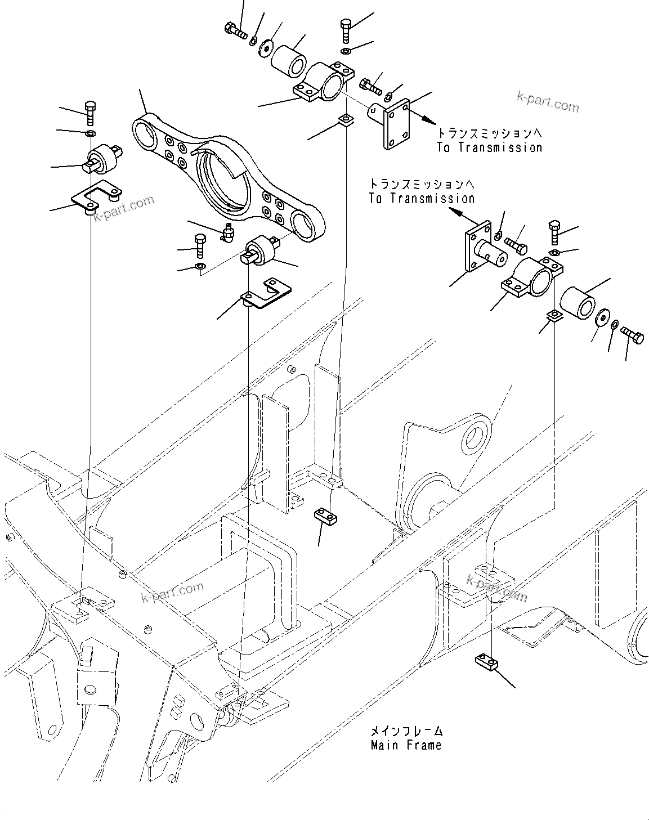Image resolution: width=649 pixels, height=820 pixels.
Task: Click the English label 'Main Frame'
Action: tap(406, 745)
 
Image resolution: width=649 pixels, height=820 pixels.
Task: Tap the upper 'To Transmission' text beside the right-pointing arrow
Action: tap(489, 147)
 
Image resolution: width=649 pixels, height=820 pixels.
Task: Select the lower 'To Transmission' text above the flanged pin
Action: tap(422, 198)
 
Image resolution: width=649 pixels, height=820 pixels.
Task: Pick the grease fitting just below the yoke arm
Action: tap(228, 232)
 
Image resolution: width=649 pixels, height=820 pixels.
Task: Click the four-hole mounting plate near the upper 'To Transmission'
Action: tap(396, 124)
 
